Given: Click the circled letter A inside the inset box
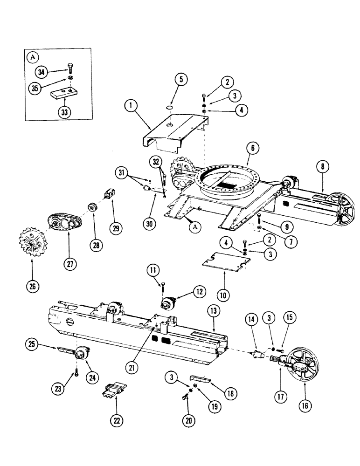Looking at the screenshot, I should pos(33,57).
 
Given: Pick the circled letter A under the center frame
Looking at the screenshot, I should pos(193,227).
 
